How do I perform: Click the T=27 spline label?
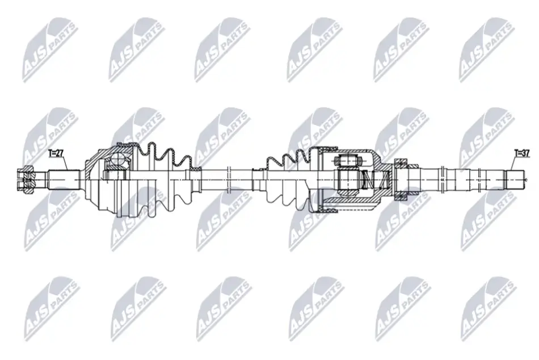56,153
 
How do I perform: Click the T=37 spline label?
521,153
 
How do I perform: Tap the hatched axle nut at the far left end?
25,179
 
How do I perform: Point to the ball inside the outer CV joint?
117,159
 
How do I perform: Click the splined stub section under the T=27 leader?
64,179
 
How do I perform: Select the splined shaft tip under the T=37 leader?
515,179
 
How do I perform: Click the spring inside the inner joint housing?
376,179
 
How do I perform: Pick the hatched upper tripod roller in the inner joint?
348,160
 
